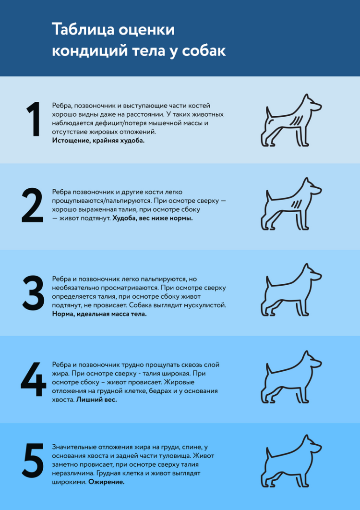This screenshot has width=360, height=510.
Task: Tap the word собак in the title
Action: point(204,51)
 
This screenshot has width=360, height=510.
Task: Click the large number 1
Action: point(33,120)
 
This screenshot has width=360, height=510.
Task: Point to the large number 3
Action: point(33,293)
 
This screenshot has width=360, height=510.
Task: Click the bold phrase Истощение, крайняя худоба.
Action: point(98,141)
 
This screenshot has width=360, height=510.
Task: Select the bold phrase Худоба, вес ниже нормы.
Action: point(153,218)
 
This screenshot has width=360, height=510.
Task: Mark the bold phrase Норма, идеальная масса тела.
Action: point(99,314)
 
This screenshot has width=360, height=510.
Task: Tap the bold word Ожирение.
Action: point(106,482)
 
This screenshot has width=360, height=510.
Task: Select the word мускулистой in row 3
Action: point(204,305)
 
